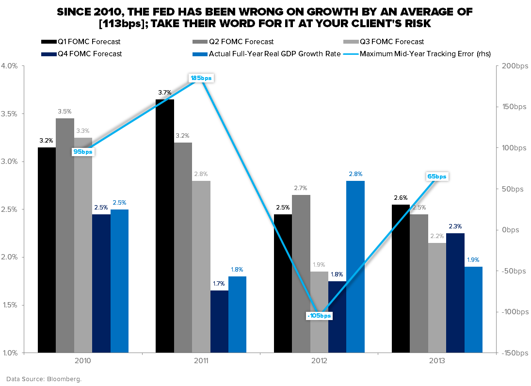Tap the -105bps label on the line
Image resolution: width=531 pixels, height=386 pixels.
coord(319,316)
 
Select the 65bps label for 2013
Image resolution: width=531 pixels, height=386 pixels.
coord(437,177)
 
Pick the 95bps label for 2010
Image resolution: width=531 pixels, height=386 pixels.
coord(83,152)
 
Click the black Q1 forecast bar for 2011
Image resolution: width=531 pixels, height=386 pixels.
coord(165,225)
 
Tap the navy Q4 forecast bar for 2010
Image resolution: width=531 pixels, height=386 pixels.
coord(101,283)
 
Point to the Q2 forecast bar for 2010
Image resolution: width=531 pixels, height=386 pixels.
coord(65,235)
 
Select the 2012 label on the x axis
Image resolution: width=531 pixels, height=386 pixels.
coord(319,361)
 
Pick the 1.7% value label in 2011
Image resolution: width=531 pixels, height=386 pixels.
coord(219,284)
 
